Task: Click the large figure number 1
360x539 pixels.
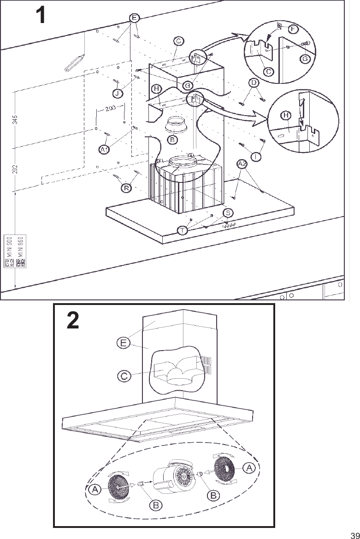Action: point(41,16)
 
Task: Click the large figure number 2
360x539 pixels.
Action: point(72,321)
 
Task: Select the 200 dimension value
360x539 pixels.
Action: point(110,109)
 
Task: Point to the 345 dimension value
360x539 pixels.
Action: point(15,120)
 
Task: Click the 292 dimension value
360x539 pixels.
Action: point(15,170)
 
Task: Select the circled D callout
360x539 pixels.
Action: point(254,82)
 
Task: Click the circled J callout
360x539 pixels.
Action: point(118,94)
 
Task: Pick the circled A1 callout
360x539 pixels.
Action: point(105,149)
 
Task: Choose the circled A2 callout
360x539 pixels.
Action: point(242,164)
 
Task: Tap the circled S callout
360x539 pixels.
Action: point(228,213)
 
